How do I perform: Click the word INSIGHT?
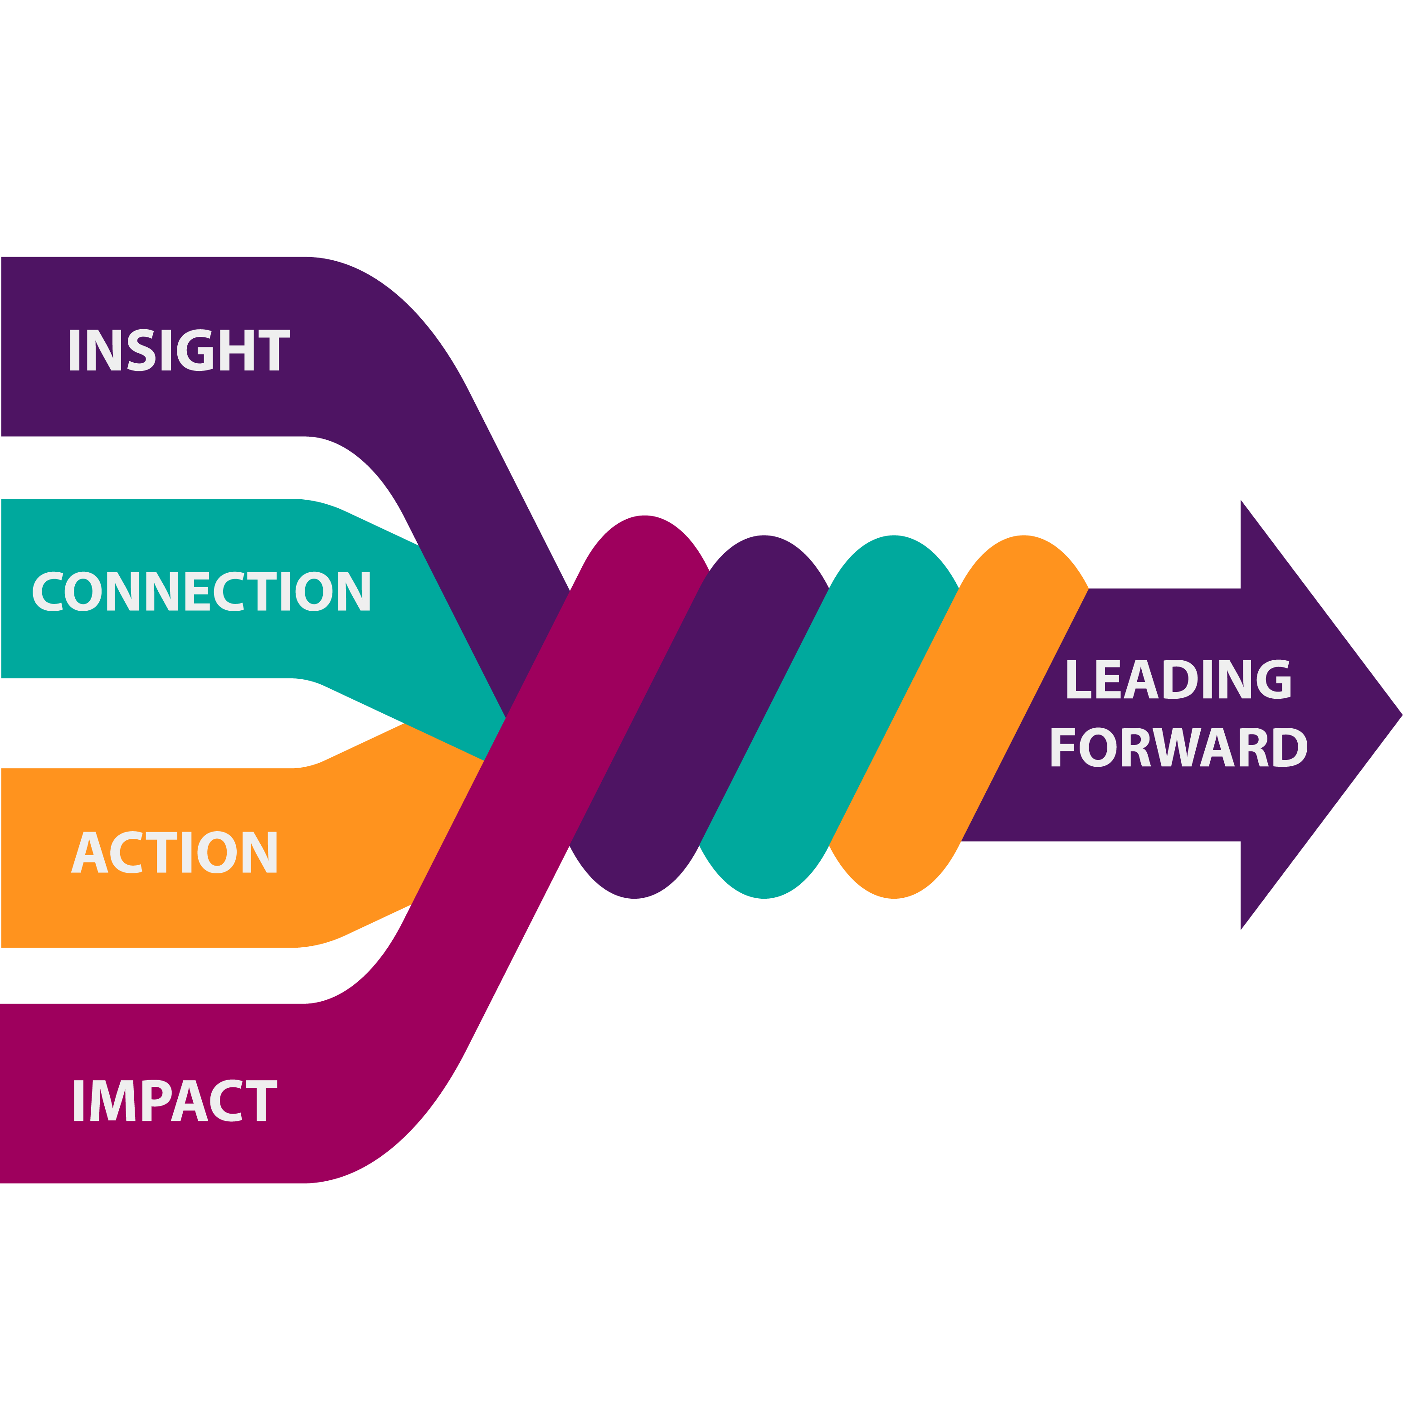pos(178,351)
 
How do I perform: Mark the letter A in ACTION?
pos(90,852)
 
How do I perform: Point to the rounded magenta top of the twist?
pos(644,543)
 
